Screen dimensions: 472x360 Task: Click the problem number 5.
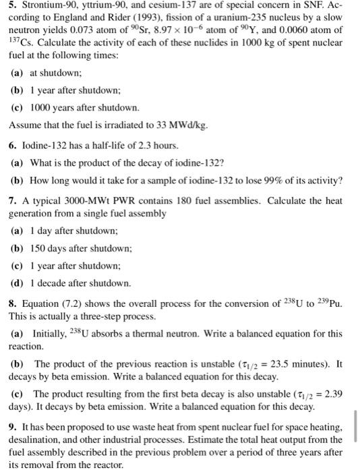coord(11,9)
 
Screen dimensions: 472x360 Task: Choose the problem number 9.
coord(11,427)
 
